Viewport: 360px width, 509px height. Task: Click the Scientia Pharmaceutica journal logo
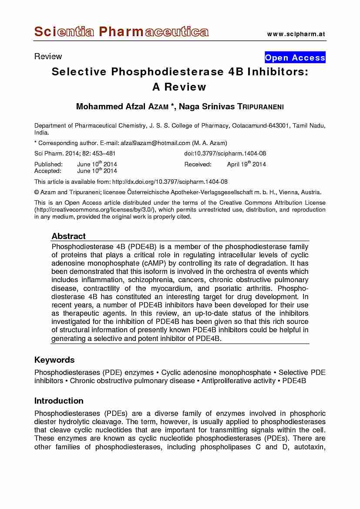click(121, 32)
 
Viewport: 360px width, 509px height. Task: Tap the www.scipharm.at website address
click(296, 34)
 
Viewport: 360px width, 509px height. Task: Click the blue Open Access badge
click(295, 57)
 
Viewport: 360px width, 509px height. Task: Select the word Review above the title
click(48, 56)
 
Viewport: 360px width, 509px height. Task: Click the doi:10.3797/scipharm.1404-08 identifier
click(225, 153)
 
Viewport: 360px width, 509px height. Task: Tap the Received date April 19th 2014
click(246, 164)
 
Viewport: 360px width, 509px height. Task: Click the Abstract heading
click(69, 236)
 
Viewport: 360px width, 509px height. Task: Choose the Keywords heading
click(54, 360)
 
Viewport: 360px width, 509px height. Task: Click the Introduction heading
click(59, 401)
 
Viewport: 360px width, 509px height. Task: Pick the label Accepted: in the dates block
click(48, 171)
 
